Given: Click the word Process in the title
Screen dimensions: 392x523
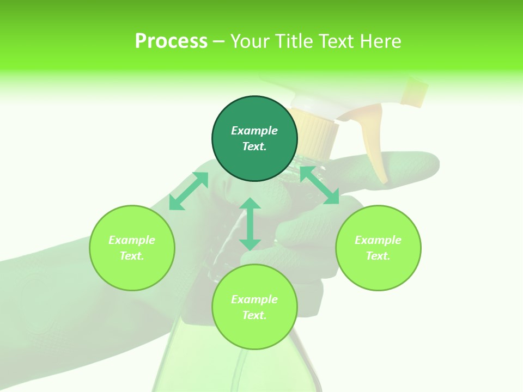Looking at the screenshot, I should pyautogui.click(x=171, y=41).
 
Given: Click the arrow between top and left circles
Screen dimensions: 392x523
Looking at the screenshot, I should pyautogui.click(x=188, y=191).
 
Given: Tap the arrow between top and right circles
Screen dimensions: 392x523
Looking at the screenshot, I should pyautogui.click(x=320, y=186).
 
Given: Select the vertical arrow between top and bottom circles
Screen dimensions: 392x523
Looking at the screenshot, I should pyautogui.click(x=250, y=224).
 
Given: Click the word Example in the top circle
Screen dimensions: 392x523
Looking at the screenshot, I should pyautogui.click(x=254, y=131).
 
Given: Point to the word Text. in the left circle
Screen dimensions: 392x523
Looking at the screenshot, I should pyautogui.click(x=132, y=256).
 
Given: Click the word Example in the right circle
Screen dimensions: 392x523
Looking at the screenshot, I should pyautogui.click(x=378, y=240).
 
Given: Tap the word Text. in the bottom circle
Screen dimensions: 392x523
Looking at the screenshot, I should pyautogui.click(x=254, y=315).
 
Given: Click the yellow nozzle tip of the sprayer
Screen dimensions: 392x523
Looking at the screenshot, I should pyautogui.click(x=415, y=91).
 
